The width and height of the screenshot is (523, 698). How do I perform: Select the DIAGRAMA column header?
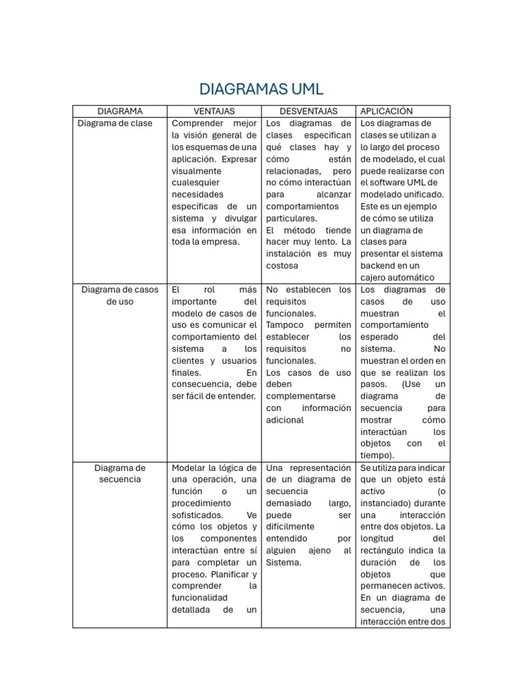pos(120,111)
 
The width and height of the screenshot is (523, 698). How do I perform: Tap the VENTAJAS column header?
pos(214,111)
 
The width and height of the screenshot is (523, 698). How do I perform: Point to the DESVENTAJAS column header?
pos(308,111)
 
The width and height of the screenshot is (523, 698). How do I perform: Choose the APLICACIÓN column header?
pos(386,111)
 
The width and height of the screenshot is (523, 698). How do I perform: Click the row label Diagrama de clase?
pos(115,123)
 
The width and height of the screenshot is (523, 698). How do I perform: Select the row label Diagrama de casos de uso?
pos(120,295)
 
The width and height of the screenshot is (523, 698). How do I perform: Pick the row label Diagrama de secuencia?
pos(120,474)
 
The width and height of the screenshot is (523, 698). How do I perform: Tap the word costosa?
pos(283,266)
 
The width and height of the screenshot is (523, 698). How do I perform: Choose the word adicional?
pos(285,420)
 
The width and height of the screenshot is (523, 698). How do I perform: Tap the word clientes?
pos(189,361)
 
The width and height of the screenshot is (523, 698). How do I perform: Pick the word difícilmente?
pos(290,527)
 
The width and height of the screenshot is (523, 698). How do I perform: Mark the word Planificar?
pos(233,575)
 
